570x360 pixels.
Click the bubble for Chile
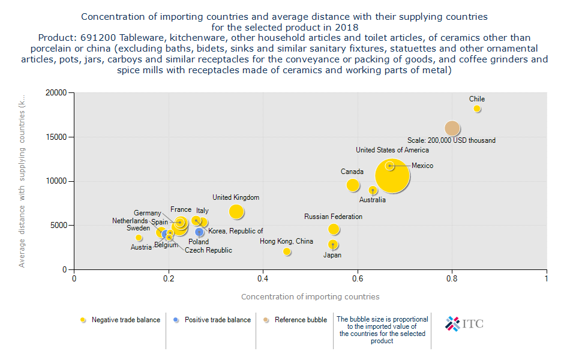pyautogui.click(x=477, y=109)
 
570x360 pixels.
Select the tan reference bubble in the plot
pyautogui.click(x=452, y=128)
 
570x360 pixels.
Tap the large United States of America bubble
pyautogui.click(x=392, y=176)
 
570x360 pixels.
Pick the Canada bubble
pyautogui.click(x=353, y=185)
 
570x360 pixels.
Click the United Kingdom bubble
pyautogui.click(x=236, y=211)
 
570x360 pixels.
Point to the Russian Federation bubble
pyautogui.click(x=334, y=229)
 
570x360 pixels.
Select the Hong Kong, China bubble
pyautogui.click(x=287, y=251)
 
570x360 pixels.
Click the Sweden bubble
pyautogui.click(x=139, y=238)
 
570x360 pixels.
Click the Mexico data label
pyautogui.click(x=422, y=166)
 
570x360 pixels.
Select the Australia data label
pyautogui.click(x=372, y=200)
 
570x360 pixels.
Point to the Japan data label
pyautogui.click(x=332, y=255)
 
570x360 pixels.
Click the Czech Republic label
pyautogui.click(x=208, y=250)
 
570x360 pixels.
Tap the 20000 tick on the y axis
pyautogui.click(x=56, y=93)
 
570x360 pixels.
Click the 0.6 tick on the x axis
pyautogui.click(x=358, y=278)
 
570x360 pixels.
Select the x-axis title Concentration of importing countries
pyautogui.click(x=310, y=296)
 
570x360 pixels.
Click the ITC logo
pyautogui.click(x=464, y=323)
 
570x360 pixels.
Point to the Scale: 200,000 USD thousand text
pyautogui.click(x=451, y=140)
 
